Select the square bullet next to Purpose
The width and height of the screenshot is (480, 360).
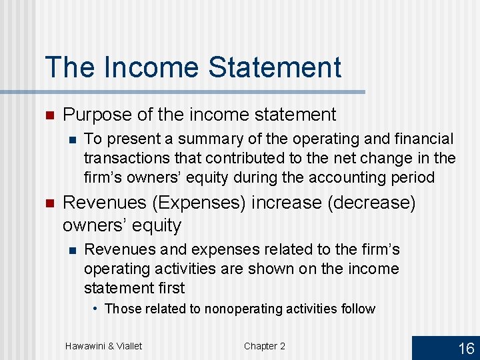click(x=49, y=115)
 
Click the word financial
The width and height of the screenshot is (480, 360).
click(x=419, y=139)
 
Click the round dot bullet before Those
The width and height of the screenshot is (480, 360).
click(x=97, y=309)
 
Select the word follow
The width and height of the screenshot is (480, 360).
click(x=357, y=309)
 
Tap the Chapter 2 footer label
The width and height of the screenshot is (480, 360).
click(x=264, y=345)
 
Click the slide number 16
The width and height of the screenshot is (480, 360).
click(x=466, y=347)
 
